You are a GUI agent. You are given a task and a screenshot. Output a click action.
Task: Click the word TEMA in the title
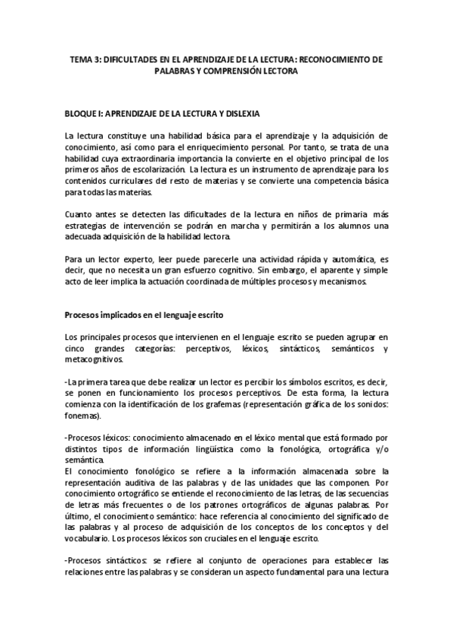point(79,58)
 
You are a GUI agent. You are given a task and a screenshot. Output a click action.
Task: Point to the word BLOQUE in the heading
point(82,114)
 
